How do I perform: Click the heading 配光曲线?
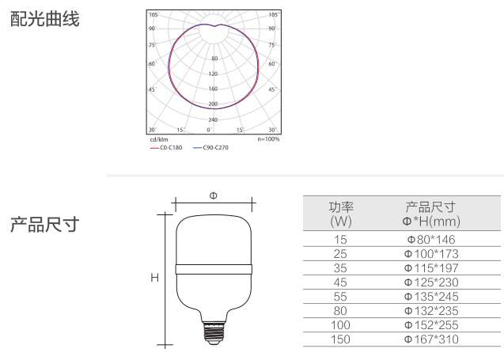[44, 19]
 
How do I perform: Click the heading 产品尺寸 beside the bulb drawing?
[44, 225]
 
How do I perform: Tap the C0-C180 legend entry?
[166, 147]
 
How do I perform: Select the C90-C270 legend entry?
[210, 147]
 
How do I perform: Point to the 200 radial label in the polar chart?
[213, 104]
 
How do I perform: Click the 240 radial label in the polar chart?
[213, 119]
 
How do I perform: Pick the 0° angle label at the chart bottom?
[209, 130]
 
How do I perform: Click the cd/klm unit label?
[159, 139]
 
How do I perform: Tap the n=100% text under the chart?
[268, 139]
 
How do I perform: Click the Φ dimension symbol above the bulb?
[213, 195]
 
